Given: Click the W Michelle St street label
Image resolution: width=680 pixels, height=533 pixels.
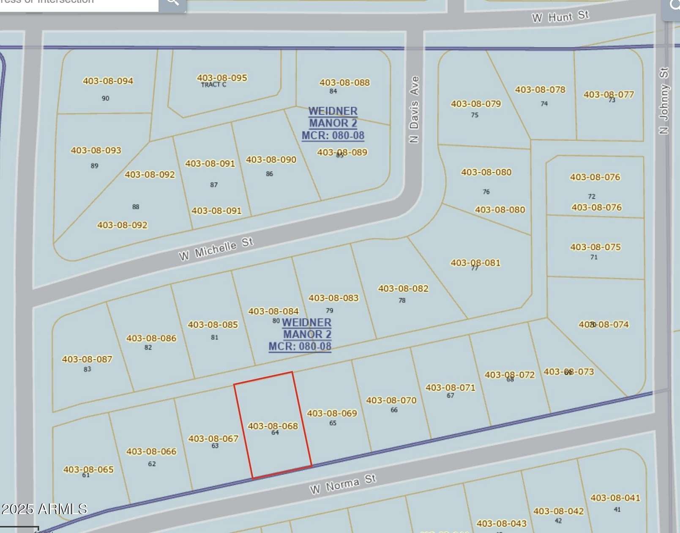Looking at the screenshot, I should tap(216, 249).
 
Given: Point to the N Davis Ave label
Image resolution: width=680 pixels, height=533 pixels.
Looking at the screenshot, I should tap(414, 110).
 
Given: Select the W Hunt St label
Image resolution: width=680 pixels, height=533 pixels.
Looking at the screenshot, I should tap(560, 17).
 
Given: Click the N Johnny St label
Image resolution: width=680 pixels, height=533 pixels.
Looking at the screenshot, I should tap(664, 101).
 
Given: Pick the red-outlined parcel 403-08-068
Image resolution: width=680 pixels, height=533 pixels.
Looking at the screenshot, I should tap(273, 426).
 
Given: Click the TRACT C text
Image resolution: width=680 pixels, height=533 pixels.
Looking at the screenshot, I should tap(213, 85).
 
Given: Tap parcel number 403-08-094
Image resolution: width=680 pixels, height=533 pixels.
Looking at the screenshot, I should tap(108, 81).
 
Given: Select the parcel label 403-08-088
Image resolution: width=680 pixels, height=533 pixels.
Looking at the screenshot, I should tap(344, 82).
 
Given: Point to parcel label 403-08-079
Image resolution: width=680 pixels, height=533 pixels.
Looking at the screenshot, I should tap(476, 104).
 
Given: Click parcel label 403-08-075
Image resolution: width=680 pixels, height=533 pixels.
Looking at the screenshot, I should tap(595, 247).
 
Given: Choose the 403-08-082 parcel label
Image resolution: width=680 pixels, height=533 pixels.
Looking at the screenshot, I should tap(403, 288).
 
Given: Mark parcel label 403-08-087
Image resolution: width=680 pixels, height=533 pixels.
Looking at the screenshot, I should tap(87, 359).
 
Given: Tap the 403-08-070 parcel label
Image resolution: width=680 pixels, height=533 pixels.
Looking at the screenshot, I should tap(391, 400).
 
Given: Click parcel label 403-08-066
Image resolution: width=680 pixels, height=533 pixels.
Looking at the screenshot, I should tap(151, 451).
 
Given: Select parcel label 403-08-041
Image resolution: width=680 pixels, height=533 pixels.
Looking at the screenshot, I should tap(615, 498).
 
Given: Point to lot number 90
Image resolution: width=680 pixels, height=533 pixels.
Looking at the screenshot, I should tap(106, 98).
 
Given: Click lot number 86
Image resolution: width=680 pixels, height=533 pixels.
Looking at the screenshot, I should tap(270, 174).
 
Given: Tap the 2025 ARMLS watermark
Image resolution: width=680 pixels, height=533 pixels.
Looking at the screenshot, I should tap(44, 509).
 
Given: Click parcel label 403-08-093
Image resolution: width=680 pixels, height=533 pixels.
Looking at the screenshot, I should tap(96, 150).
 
